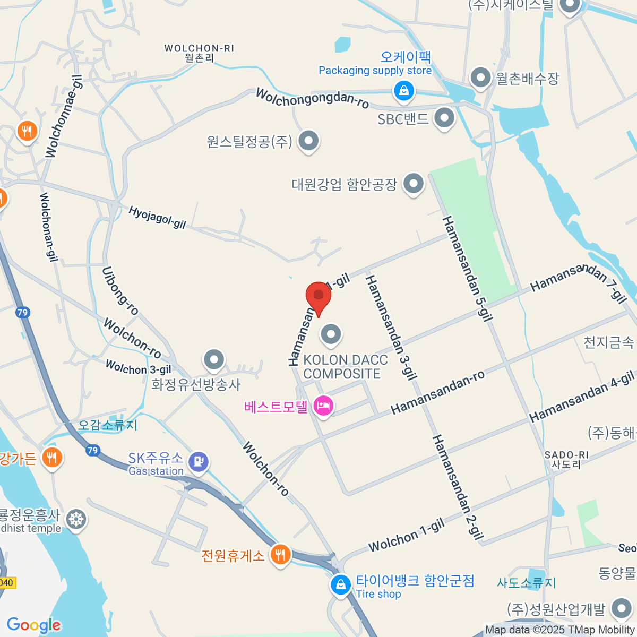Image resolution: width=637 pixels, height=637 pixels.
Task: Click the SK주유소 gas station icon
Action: click(199, 461)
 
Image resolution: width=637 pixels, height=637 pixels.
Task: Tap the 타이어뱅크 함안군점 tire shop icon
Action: click(340, 585)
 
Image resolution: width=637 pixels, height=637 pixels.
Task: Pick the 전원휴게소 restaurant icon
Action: click(280, 555)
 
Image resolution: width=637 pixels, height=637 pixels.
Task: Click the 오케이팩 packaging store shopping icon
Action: click(404, 90)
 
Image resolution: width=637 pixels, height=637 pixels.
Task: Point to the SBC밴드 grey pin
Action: click(444, 118)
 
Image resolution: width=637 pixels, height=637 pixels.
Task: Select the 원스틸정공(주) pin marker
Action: click(308, 141)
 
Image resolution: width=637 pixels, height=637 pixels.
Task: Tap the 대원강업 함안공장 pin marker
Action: click(414, 184)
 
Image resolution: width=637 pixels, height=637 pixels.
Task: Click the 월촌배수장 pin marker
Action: click(481, 78)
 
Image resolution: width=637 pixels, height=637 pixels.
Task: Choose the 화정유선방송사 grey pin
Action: click(214, 360)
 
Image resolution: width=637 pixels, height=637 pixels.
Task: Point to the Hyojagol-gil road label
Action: click(157, 218)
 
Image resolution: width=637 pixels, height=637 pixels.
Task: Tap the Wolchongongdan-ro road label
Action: click(312, 98)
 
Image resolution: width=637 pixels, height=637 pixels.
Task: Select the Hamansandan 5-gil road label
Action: click(468, 269)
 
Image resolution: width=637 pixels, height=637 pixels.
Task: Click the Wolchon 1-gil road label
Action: click(406, 536)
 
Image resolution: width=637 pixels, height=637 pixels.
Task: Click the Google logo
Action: click(33, 625)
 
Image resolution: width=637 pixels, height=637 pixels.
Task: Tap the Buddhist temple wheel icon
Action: click(77, 519)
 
